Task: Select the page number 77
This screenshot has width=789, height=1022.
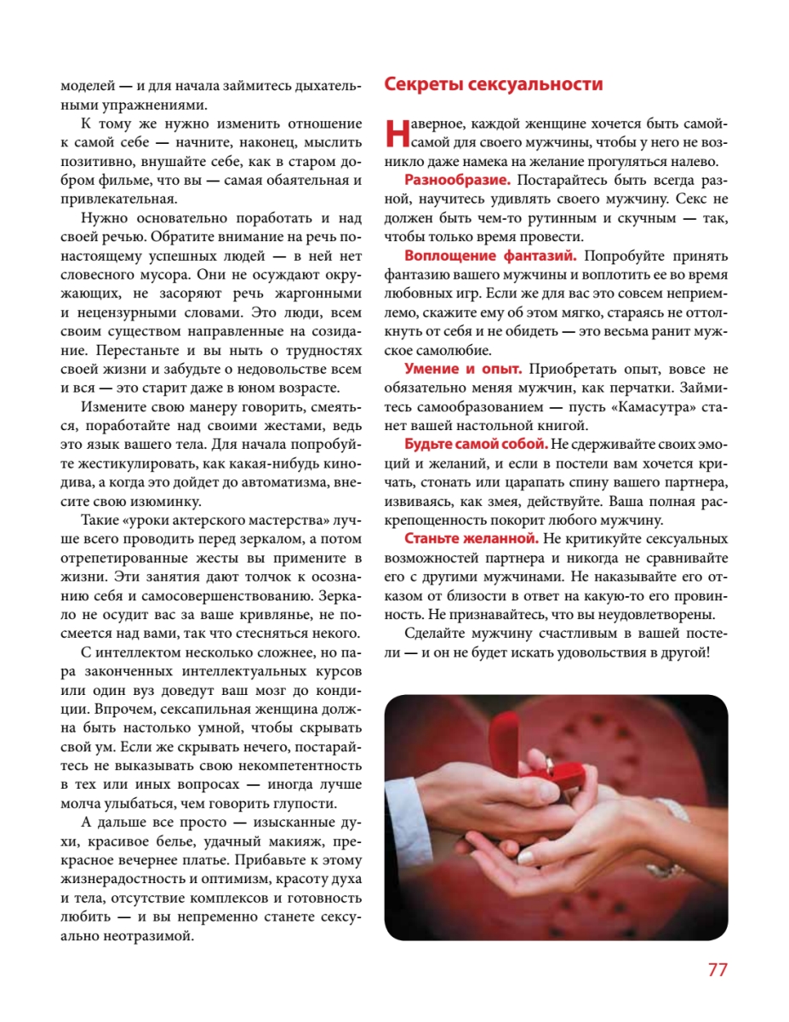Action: click(x=718, y=970)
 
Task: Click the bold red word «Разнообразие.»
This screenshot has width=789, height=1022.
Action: click(x=458, y=181)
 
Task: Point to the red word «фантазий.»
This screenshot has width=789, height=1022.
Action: click(x=535, y=255)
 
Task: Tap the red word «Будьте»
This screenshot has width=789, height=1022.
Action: click(x=430, y=444)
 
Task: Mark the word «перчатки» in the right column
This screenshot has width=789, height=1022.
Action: click(x=632, y=387)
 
